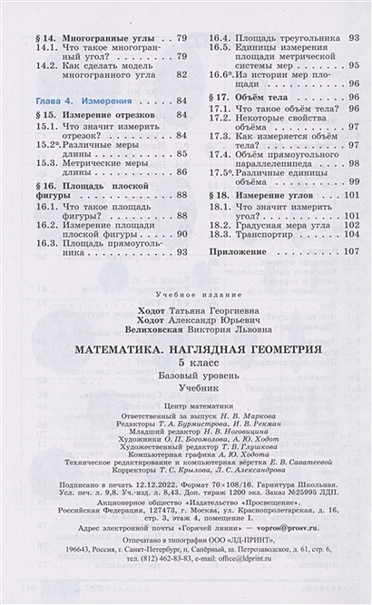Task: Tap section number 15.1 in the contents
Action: tap(46, 130)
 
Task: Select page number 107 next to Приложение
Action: tap(352, 249)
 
